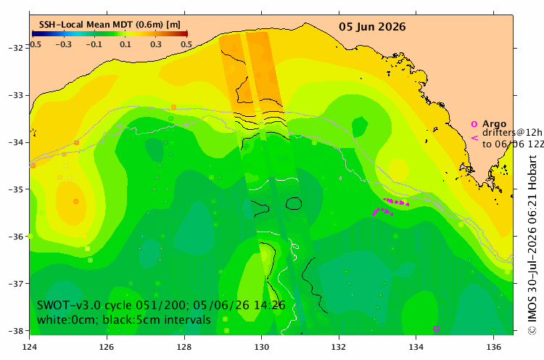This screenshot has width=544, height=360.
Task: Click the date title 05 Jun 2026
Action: tap(372, 27)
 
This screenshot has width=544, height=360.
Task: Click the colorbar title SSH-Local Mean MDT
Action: tap(86, 25)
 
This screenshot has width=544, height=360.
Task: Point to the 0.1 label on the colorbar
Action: tap(125, 44)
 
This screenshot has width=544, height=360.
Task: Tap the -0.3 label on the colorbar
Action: tap(64, 44)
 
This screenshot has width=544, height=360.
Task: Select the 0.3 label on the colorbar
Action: tap(156, 44)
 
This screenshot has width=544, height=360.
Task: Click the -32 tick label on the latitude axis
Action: tap(16, 48)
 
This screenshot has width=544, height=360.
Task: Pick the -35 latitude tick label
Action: tap(16, 189)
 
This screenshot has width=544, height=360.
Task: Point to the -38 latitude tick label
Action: tap(16, 331)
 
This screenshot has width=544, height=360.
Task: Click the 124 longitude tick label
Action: tap(30, 347)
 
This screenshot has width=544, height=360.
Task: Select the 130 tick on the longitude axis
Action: tap(261, 347)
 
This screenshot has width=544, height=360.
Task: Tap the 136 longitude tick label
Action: tap(493, 347)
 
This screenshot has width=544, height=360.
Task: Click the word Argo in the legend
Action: tap(494, 124)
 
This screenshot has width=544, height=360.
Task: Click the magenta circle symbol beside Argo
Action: tap(474, 124)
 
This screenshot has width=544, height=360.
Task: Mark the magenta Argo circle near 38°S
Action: tap(437, 329)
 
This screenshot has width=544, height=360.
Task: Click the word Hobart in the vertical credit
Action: tap(532, 172)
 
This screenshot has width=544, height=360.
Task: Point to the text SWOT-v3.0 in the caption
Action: tap(69, 305)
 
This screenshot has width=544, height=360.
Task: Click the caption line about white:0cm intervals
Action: tap(124, 320)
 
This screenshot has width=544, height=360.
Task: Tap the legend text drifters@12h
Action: tap(512, 133)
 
